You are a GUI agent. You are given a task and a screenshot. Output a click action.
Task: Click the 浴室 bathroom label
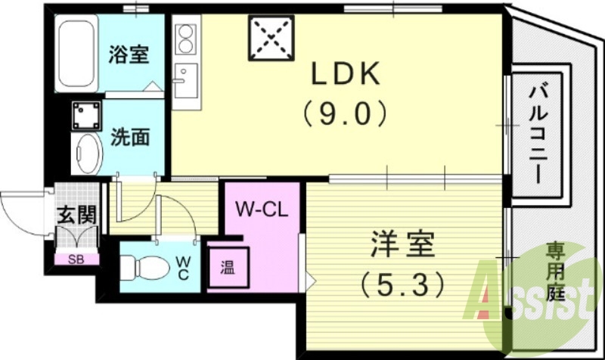tap(129, 54)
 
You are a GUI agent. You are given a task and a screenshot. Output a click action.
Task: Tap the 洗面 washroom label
tap(129, 137)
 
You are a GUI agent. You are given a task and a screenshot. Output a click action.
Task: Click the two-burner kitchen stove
tap(185, 39)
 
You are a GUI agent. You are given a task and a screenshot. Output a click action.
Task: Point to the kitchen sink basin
tap(185, 78)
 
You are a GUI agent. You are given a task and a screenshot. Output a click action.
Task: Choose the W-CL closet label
tap(259, 209)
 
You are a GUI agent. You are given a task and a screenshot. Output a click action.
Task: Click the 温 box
tap(227, 266)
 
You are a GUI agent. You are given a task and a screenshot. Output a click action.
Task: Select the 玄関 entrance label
tap(77, 215)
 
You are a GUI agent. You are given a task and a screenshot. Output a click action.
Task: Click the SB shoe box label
tap(76, 259)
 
